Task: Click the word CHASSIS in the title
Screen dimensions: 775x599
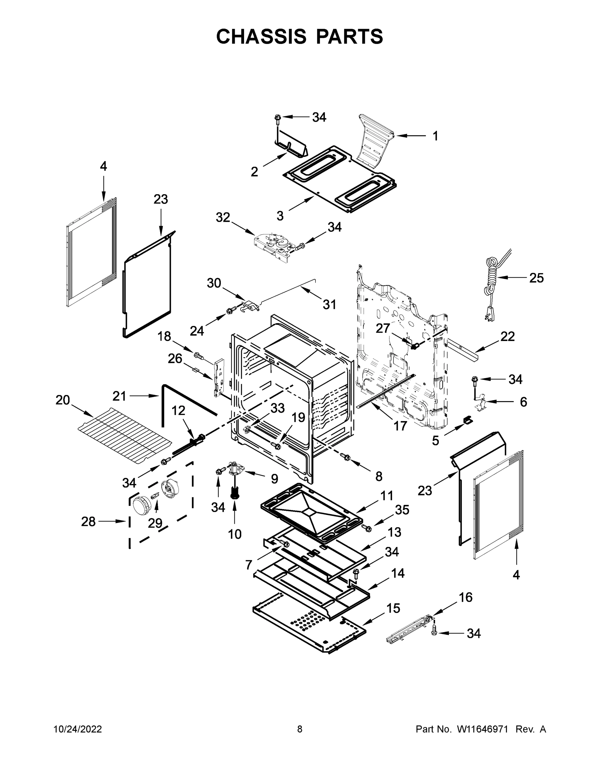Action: (x=261, y=36)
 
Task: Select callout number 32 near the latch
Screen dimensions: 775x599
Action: (x=223, y=217)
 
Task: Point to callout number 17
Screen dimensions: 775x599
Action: (x=400, y=426)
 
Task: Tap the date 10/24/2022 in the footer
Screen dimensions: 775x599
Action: (x=78, y=729)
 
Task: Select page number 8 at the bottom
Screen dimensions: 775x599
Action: (x=300, y=729)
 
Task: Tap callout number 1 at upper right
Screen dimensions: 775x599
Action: (x=435, y=136)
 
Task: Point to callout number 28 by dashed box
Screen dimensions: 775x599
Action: (x=88, y=522)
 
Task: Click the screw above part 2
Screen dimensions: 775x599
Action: (x=278, y=119)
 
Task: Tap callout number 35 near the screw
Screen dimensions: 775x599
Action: (x=402, y=510)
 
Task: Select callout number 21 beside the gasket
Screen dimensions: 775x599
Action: (x=119, y=396)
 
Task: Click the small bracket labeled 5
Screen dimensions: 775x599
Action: (x=468, y=420)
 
